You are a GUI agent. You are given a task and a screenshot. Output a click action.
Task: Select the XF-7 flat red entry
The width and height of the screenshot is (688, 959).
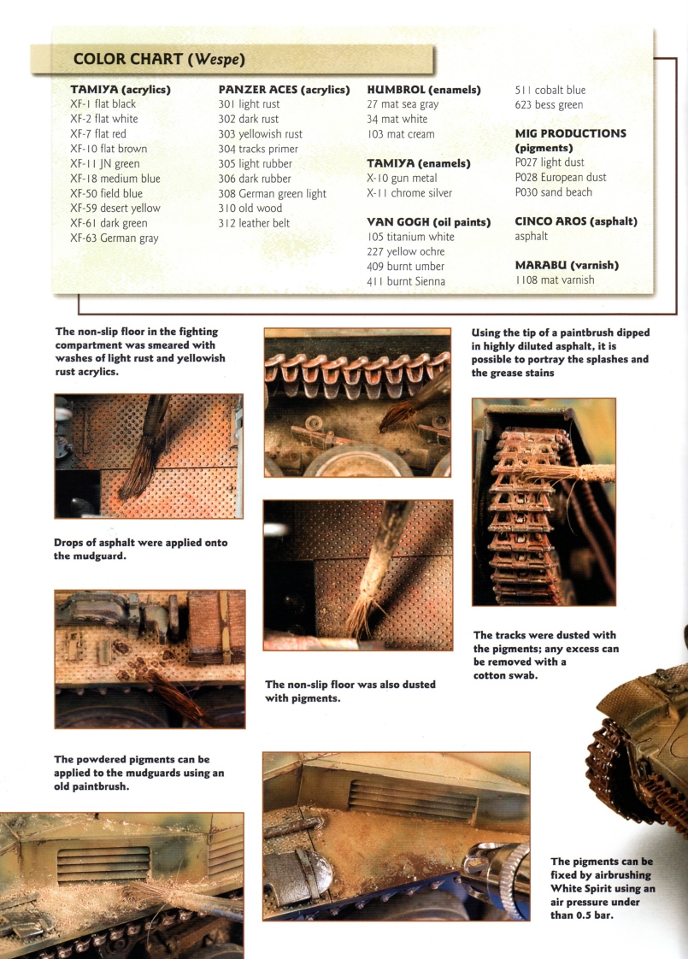[x=98, y=134]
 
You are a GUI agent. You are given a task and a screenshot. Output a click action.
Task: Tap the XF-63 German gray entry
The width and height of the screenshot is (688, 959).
[x=115, y=238]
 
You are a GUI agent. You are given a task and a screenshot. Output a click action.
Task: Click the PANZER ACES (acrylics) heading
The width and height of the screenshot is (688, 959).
[x=284, y=90]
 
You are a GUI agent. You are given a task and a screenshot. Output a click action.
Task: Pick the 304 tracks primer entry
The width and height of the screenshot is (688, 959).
[x=258, y=149]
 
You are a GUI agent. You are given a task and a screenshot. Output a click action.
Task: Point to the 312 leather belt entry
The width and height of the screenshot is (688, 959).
[x=254, y=223]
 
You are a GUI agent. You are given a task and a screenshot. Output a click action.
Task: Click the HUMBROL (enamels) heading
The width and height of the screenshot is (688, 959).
[x=423, y=90]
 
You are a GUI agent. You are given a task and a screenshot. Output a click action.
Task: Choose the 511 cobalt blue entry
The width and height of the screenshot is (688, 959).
[x=550, y=90]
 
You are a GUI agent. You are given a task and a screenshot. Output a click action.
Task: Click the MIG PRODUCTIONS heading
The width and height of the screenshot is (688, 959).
[x=570, y=133]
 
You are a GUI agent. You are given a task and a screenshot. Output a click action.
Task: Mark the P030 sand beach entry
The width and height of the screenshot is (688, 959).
[x=553, y=193]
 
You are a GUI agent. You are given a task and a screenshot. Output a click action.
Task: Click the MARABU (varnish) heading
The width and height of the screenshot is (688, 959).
[x=567, y=265]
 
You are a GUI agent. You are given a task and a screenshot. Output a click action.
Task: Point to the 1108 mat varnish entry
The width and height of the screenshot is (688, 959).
[x=554, y=279]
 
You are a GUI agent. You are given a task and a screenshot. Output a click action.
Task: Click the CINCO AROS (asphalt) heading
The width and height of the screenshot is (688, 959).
[x=576, y=221]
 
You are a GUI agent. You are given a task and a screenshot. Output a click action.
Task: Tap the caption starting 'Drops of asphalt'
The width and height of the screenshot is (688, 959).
[x=141, y=550]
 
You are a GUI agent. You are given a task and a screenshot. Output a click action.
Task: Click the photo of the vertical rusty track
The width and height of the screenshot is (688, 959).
[x=544, y=502]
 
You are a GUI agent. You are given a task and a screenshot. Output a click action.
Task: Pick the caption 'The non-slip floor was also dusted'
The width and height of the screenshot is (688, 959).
[x=350, y=691]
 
